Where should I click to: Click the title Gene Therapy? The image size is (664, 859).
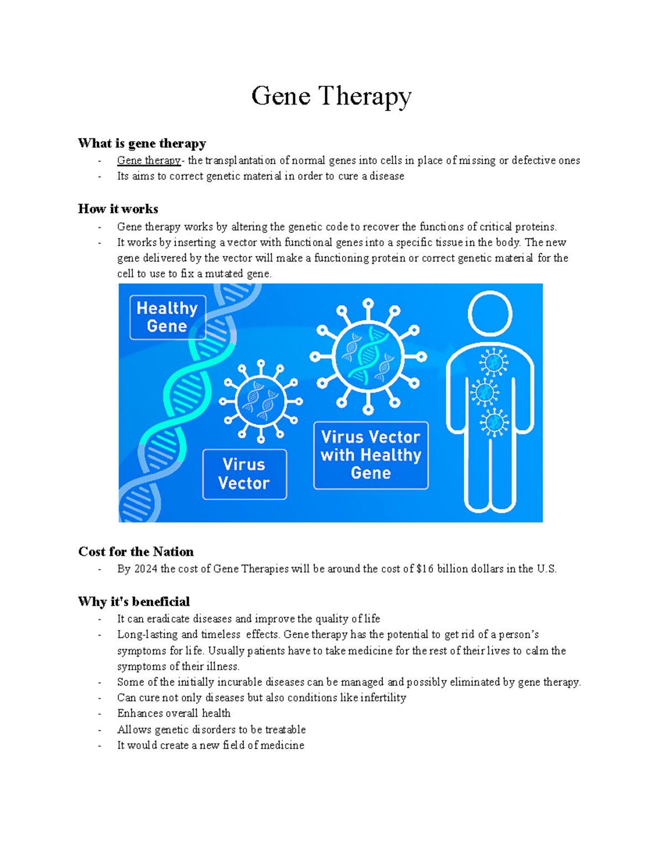point(331,96)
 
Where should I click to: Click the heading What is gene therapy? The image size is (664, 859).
point(142,143)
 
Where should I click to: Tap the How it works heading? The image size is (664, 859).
point(118,209)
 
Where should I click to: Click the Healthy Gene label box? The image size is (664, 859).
point(167,317)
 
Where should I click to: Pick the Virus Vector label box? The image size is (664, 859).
point(244,474)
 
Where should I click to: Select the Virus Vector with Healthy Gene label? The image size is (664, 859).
point(371,455)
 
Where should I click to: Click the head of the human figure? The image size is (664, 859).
point(490,314)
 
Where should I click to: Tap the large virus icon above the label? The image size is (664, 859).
point(368,357)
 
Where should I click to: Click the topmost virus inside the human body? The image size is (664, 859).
point(494,363)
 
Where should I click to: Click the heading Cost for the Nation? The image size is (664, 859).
point(136,551)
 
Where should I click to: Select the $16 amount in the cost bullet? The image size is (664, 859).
point(425,569)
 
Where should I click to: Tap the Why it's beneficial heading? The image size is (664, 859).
point(134,601)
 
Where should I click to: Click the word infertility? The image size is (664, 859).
point(383,697)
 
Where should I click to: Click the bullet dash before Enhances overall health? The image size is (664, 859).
point(100,714)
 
